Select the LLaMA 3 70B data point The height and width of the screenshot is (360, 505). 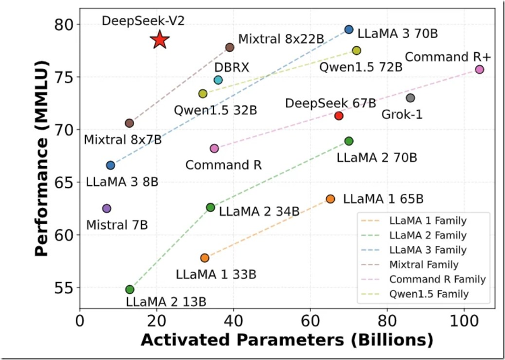pyautogui.click(x=349, y=30)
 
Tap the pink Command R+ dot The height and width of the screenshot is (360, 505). pyautogui.click(x=479, y=69)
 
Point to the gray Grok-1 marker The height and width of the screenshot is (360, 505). pyautogui.click(x=410, y=98)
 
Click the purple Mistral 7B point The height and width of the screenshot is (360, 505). pyautogui.click(x=107, y=208)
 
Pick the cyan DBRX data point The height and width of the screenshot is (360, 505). pyautogui.click(x=218, y=80)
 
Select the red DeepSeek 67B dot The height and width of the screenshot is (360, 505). pyautogui.click(x=339, y=116)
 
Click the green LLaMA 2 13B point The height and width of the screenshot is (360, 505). pyautogui.click(x=130, y=290)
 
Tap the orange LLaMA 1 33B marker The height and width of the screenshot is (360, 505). pyautogui.click(x=205, y=258)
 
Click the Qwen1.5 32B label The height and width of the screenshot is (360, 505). pyautogui.click(x=215, y=110)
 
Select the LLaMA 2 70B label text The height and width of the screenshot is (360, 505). pyautogui.click(x=377, y=158)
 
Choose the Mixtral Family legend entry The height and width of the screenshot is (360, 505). pyautogui.click(x=423, y=265)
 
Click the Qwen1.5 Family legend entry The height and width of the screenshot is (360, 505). pyautogui.click(x=429, y=294)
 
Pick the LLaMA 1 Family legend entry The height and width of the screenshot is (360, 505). pyautogui.click(x=427, y=221)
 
